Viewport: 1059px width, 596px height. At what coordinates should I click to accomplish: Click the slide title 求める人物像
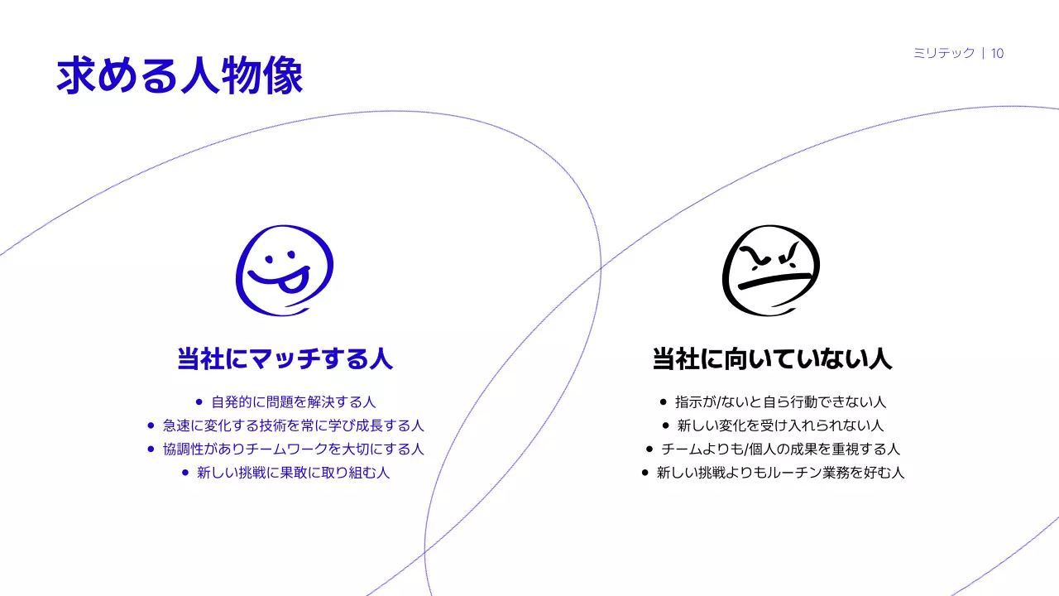click(180, 76)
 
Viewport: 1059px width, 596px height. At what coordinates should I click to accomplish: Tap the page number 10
click(997, 54)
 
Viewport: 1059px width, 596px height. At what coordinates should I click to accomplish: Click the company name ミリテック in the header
click(943, 54)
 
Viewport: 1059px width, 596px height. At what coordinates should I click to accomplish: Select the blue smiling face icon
click(284, 270)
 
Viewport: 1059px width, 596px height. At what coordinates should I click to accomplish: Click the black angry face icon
click(770, 270)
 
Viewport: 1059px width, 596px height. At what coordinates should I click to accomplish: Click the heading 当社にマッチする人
click(285, 359)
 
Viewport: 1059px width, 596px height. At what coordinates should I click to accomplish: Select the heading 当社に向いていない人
click(772, 359)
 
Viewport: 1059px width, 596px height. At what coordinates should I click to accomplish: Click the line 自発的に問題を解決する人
click(294, 402)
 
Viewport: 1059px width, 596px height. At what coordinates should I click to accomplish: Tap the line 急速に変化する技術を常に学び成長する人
click(294, 425)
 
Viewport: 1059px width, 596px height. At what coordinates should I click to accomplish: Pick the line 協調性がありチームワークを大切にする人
click(294, 449)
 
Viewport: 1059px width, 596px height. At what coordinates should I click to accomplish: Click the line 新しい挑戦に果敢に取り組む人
click(294, 473)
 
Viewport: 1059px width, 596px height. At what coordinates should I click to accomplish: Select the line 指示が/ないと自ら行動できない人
click(780, 402)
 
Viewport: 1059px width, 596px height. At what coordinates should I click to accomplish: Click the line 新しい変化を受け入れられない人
click(780, 425)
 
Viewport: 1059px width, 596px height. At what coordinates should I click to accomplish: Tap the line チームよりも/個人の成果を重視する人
click(780, 449)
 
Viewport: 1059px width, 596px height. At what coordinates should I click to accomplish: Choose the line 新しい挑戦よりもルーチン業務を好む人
click(780, 473)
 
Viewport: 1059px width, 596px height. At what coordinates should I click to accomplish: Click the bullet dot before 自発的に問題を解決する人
click(198, 402)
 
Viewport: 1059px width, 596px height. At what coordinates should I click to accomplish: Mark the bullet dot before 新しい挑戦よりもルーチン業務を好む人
click(645, 473)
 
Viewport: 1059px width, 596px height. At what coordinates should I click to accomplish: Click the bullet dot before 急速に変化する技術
click(151, 425)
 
